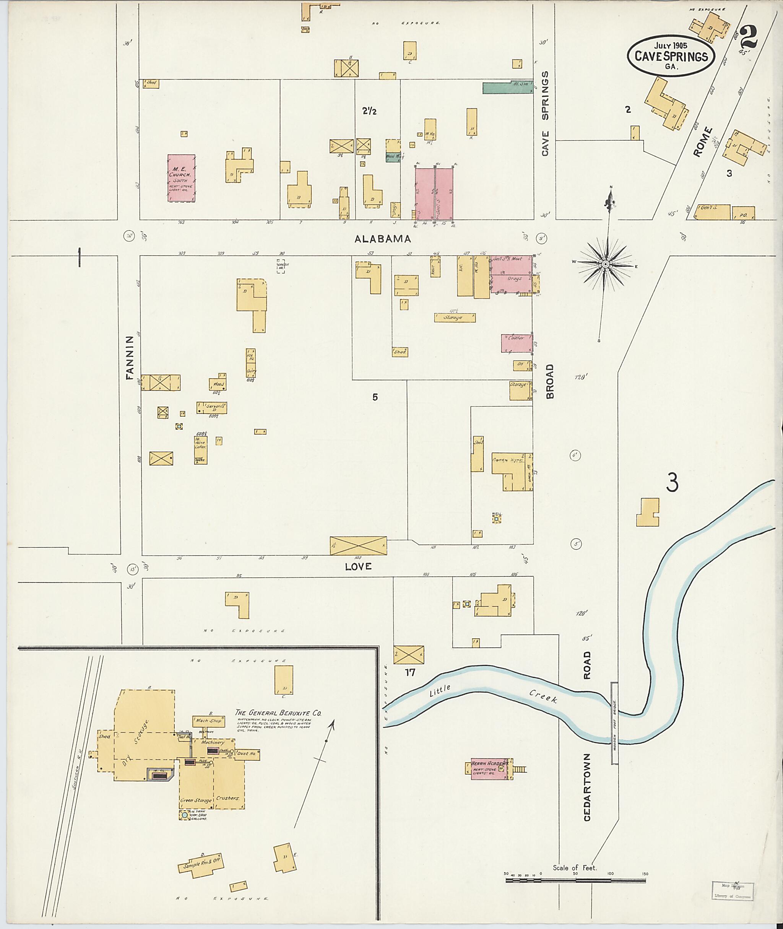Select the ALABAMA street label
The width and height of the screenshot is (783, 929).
click(383, 239)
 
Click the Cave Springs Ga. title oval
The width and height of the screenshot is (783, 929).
click(671, 56)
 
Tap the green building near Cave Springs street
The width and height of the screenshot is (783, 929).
click(507, 88)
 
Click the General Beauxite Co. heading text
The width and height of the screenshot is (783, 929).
click(278, 714)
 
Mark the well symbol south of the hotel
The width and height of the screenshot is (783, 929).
click(496, 518)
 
